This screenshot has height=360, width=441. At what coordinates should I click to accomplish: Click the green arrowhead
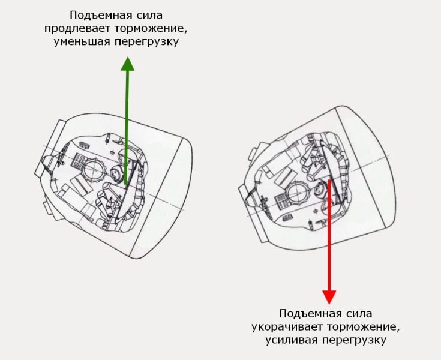[x=128, y=64]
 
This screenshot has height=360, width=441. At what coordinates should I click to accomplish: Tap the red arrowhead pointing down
[x=329, y=297]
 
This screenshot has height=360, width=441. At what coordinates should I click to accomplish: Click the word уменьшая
[x=82, y=42]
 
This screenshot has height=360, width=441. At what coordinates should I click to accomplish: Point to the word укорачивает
[x=287, y=327]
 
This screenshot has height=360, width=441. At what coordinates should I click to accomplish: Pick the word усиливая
[x=292, y=340]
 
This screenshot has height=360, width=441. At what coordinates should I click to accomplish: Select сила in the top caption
[x=149, y=16]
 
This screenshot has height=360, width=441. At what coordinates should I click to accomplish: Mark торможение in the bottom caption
[x=364, y=328]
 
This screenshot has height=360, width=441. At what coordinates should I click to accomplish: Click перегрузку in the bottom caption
[x=354, y=341]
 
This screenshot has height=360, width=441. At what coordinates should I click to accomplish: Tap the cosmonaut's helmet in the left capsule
[x=116, y=174]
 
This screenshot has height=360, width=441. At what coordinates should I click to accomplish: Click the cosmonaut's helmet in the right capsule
[x=320, y=190]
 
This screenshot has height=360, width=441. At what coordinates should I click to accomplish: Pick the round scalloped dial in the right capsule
[x=299, y=194]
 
